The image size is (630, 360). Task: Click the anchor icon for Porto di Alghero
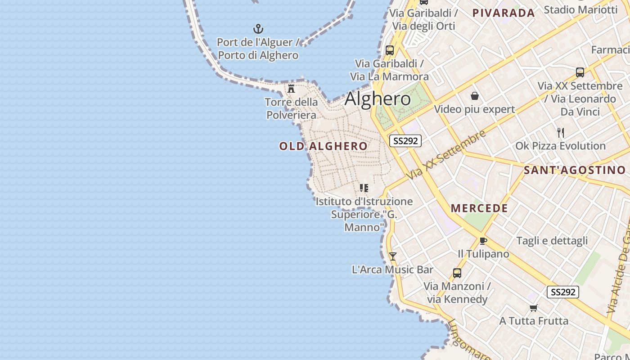click(258, 29)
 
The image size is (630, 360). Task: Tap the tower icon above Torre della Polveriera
click(291, 88)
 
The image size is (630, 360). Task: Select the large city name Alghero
click(378, 99)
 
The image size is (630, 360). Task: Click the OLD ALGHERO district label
click(323, 146)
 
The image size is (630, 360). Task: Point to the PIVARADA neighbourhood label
click(504, 13)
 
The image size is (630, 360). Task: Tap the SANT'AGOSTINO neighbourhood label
click(575, 170)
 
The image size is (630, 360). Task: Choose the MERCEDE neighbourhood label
click(479, 208)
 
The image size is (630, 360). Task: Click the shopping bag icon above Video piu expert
click(474, 96)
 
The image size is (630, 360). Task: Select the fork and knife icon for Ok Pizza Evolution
click(560, 132)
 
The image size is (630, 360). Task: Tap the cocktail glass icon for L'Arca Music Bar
click(392, 256)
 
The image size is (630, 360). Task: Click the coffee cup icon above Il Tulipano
click(483, 241)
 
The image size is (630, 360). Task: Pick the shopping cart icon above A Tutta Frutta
click(533, 308)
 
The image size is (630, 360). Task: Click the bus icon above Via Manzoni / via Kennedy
click(457, 273)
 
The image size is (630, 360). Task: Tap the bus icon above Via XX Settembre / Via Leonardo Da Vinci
click(580, 72)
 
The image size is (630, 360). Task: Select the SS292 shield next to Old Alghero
click(405, 141)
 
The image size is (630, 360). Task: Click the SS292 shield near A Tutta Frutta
click(562, 292)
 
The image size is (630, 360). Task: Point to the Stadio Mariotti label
click(580, 9)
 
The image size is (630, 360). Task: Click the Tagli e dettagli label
click(552, 241)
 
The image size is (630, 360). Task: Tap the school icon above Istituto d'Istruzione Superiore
click(364, 188)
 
